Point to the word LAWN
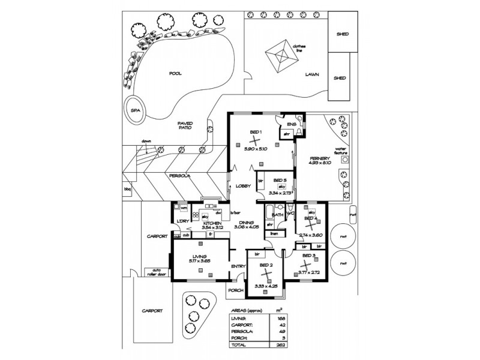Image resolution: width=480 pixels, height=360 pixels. coord(311,76)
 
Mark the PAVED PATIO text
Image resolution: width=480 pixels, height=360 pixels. coord(185,127)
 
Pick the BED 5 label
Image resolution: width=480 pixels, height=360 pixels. coord(280,180)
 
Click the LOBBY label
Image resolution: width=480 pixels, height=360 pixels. coord(242,186)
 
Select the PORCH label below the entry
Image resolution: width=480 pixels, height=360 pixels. coord(235,292)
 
